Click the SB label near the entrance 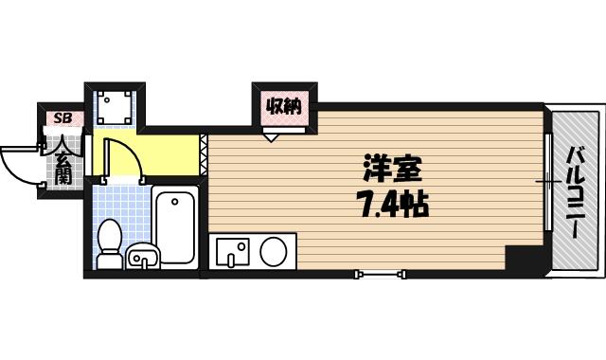tap(63, 118)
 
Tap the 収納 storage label tap(282, 106)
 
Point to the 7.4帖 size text tap(391, 203)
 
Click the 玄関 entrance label tap(63, 161)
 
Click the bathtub tap(175, 227)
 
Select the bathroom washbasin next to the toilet tap(142, 255)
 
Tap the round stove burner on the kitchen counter tap(274, 253)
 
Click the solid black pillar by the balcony tap(524, 258)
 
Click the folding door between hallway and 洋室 tap(205, 155)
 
